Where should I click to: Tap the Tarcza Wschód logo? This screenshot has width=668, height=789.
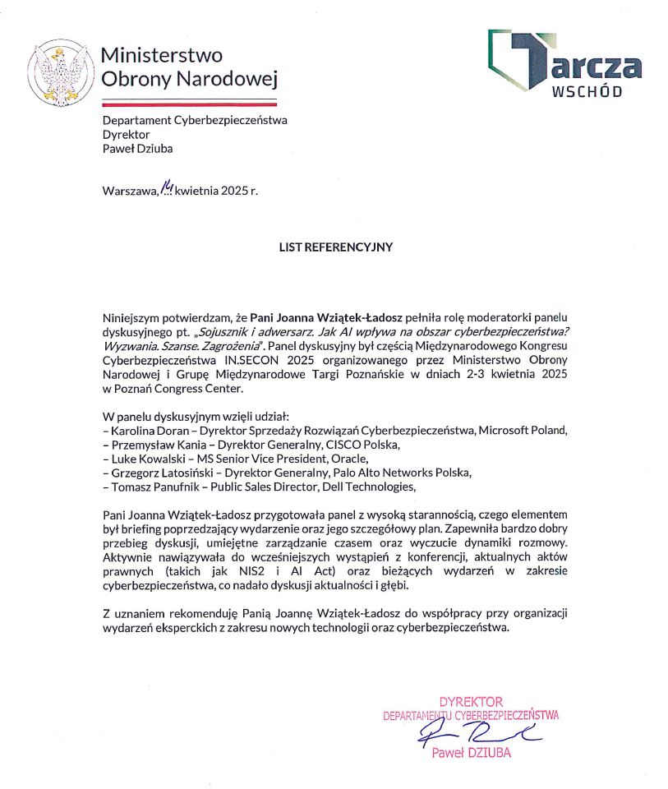pyautogui.click(x=564, y=65)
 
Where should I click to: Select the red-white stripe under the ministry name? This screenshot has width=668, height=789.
pyautogui.click(x=189, y=104)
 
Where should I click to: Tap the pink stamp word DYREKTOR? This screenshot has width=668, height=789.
pyautogui.click(x=471, y=702)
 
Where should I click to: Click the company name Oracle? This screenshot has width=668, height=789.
pyautogui.click(x=348, y=459)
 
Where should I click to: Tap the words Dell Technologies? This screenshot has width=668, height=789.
pyautogui.click(x=369, y=487)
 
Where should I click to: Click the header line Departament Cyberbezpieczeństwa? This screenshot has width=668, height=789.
pyautogui.click(x=195, y=120)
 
